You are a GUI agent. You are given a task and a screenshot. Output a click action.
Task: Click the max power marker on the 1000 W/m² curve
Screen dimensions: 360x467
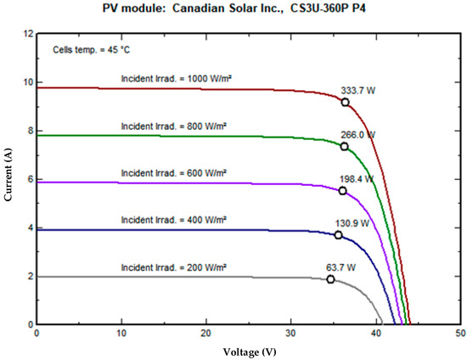point(346,102)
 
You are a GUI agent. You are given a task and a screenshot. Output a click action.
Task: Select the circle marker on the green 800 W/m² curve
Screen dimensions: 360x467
point(344,147)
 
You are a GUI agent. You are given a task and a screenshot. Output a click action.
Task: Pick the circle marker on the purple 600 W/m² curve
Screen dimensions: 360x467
point(342,191)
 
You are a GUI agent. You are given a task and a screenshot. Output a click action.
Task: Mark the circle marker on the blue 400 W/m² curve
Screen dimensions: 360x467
point(338,235)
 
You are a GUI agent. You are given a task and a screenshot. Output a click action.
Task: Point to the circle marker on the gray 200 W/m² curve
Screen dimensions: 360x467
point(330,279)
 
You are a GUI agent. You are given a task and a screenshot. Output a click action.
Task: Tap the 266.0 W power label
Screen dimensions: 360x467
point(357,134)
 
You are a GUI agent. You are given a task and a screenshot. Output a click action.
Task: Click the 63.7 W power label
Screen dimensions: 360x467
point(341,266)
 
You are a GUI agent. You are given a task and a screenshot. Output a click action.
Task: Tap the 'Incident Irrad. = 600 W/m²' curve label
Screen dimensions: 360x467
point(174,173)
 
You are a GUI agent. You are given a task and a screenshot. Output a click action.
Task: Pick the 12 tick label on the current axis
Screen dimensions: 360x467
point(27,35)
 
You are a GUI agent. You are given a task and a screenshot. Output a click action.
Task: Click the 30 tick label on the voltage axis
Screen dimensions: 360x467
point(290,333)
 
